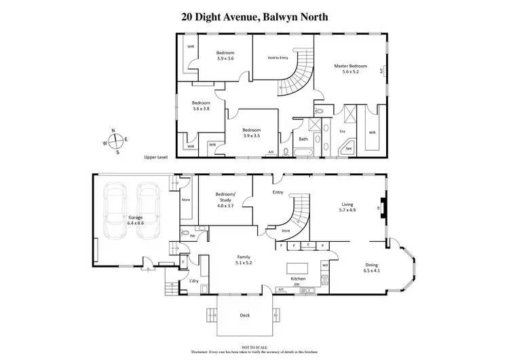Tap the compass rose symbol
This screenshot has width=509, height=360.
(x=117, y=141)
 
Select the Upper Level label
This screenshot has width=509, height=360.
(x=155, y=158)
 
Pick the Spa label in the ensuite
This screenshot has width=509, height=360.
(x=350, y=147)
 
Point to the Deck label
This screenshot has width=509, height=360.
(x=244, y=315)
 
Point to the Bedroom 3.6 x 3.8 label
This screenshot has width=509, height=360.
(x=202, y=105)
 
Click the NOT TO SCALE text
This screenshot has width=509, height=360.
(x=253, y=346)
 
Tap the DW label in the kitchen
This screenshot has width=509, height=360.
(x=305, y=285)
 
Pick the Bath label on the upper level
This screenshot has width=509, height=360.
(x=303, y=139)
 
